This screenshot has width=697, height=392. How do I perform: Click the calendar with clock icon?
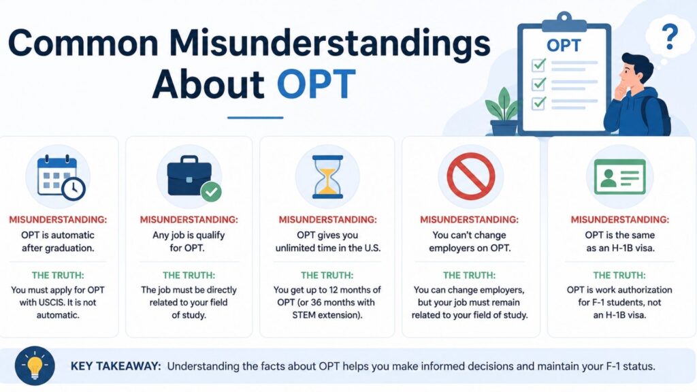61,178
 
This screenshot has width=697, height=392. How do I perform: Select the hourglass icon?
327,176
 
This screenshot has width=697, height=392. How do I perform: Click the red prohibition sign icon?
471,176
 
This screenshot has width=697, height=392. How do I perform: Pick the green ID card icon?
619,176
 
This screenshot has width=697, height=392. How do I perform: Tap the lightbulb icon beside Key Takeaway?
35,365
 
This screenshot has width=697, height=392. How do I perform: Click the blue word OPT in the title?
316,84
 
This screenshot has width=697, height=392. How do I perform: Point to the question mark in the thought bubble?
670,37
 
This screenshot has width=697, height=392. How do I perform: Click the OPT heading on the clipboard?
564,46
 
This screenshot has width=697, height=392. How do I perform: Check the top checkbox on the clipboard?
539,65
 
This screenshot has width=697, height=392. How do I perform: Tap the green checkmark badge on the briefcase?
211,191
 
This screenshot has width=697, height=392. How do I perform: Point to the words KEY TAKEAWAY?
116,366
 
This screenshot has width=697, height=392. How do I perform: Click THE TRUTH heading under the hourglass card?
327,276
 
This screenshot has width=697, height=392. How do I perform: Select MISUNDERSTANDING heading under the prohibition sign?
470,220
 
